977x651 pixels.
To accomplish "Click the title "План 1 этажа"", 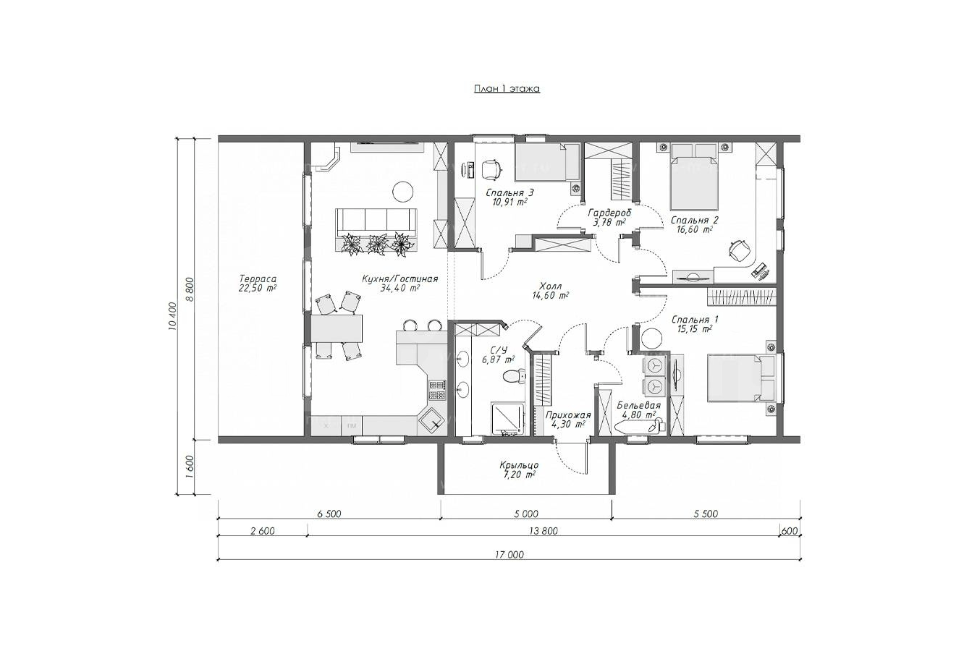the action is click(x=507, y=89).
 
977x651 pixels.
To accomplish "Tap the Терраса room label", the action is click(x=258, y=278).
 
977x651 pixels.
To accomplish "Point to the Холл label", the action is click(x=551, y=286).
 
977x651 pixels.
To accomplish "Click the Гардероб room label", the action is click(x=609, y=213).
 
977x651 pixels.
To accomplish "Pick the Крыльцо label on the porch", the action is click(x=519, y=466).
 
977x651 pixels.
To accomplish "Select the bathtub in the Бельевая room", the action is click(x=638, y=427).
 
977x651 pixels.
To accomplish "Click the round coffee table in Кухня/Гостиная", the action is click(x=402, y=191).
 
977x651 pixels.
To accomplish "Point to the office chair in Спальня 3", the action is click(x=491, y=169).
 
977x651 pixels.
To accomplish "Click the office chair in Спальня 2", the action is click(x=738, y=250).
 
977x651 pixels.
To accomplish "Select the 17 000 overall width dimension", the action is click(x=509, y=555).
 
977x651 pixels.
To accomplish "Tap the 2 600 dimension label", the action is click(x=263, y=531).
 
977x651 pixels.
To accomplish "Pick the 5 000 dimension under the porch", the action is click(x=526, y=514).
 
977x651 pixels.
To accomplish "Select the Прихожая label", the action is click(x=568, y=415).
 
